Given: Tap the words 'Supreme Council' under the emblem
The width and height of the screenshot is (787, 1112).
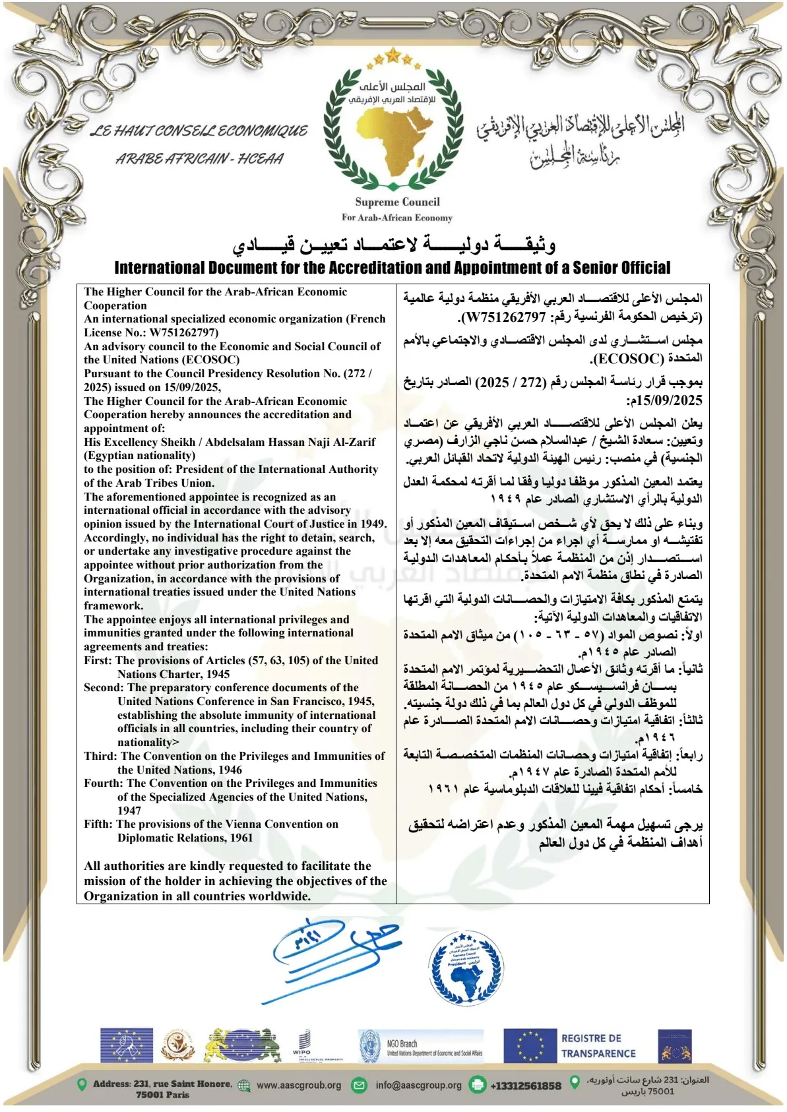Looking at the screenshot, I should (x=397, y=202).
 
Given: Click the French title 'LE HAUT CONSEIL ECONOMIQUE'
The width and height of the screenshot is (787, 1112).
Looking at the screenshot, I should (x=199, y=131).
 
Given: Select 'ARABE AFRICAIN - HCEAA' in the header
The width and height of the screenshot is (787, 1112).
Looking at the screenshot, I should (x=199, y=158).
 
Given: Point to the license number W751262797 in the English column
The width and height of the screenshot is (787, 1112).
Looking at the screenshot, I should (x=183, y=332).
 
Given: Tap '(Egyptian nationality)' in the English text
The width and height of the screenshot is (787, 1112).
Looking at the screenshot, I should (x=139, y=455).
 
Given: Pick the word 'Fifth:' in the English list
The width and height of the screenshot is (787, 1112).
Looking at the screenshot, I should (x=98, y=824).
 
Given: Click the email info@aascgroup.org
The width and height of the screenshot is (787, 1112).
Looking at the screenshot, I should (x=418, y=1085).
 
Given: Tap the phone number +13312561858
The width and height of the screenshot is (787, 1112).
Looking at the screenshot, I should (x=525, y=1086).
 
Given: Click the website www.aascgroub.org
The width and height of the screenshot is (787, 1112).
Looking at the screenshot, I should (x=299, y=1085).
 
